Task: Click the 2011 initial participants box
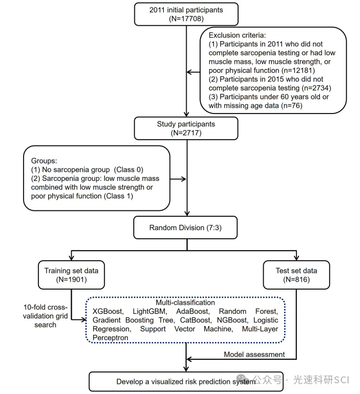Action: [x=186, y=14]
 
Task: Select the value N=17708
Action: [x=186, y=19]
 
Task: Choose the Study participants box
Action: [x=186, y=128]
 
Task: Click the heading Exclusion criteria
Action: [x=238, y=35]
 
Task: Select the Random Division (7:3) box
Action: [x=185, y=228]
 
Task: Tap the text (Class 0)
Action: [x=128, y=170]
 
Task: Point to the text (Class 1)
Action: [x=119, y=196]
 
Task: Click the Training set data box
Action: [x=71, y=275]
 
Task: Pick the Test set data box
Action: [x=296, y=275]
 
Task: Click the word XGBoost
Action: [x=108, y=312]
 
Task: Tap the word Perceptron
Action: [x=110, y=338]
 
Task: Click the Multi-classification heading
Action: [x=185, y=302]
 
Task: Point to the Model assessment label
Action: [x=254, y=354]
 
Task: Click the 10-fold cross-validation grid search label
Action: [x=45, y=316]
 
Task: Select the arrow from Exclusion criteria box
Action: [x=193, y=72]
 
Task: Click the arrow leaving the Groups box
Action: [x=178, y=179]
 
